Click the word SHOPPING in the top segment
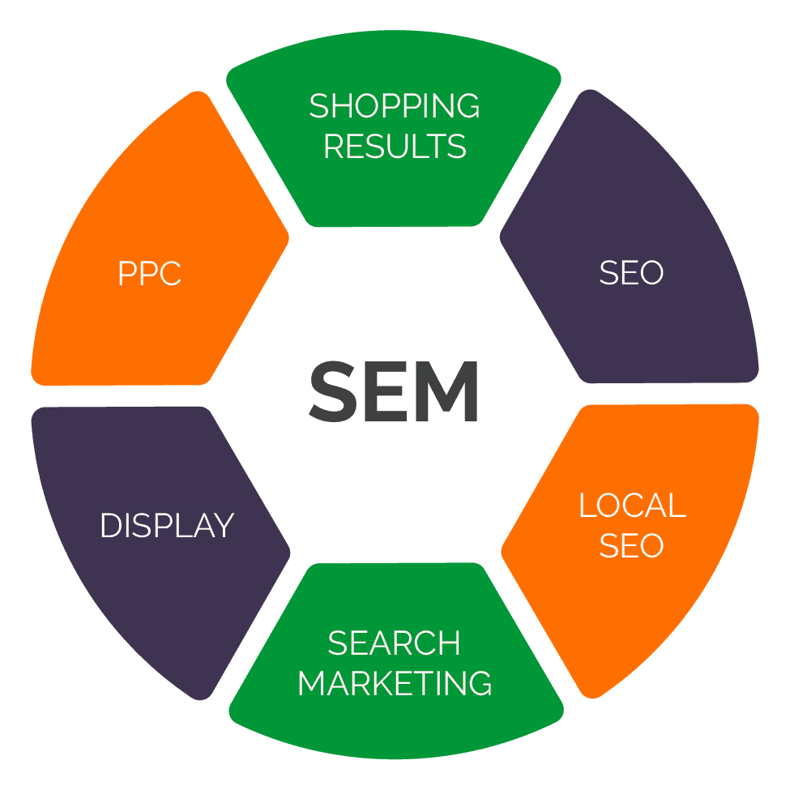coord(395,106)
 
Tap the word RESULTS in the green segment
coord(395,147)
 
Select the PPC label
coord(150,273)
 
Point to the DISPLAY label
coord(167,526)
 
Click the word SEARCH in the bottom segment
coord(394,643)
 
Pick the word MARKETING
coord(395,683)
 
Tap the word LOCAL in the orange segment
coord(632,506)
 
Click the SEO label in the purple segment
coord(631,273)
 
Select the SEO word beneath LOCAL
coord(631,545)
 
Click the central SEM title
coord(394,393)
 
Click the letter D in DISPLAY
coord(109,526)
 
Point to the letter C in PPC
coord(170,273)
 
